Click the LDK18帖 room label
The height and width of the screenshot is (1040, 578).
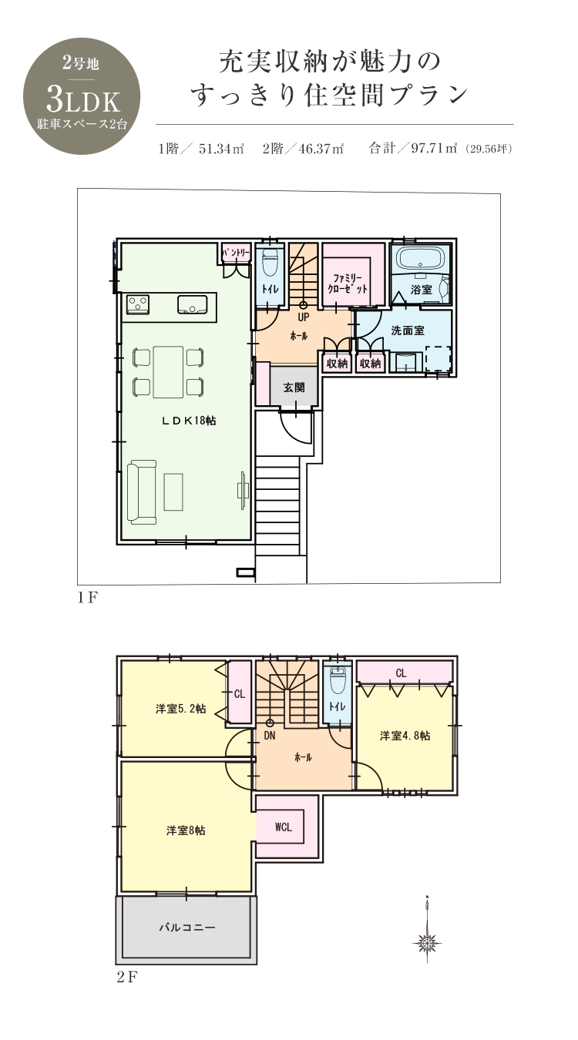pyautogui.click(x=189, y=421)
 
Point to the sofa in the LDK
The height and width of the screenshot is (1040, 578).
pyautogui.click(x=142, y=492)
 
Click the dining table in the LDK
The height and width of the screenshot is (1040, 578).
pyautogui.click(x=168, y=372)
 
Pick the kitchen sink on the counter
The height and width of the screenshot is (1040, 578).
pyautogui.click(x=193, y=304)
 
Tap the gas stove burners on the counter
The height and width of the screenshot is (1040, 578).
pyautogui.click(x=138, y=304)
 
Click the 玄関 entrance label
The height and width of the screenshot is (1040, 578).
pyautogui.click(x=294, y=387)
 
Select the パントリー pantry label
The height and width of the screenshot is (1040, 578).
pyautogui.click(x=237, y=253)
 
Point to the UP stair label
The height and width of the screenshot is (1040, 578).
pyautogui.click(x=304, y=317)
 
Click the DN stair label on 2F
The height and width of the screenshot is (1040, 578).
pyautogui.click(x=270, y=736)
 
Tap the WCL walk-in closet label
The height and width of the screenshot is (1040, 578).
pyautogui.click(x=284, y=827)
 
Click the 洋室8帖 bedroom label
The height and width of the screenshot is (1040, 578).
pyautogui.click(x=186, y=830)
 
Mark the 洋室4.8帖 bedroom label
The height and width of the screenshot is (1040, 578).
pyautogui.click(x=405, y=736)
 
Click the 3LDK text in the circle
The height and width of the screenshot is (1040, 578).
pyautogui.click(x=83, y=101)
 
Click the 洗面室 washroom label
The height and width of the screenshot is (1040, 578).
pyautogui.click(x=408, y=330)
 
